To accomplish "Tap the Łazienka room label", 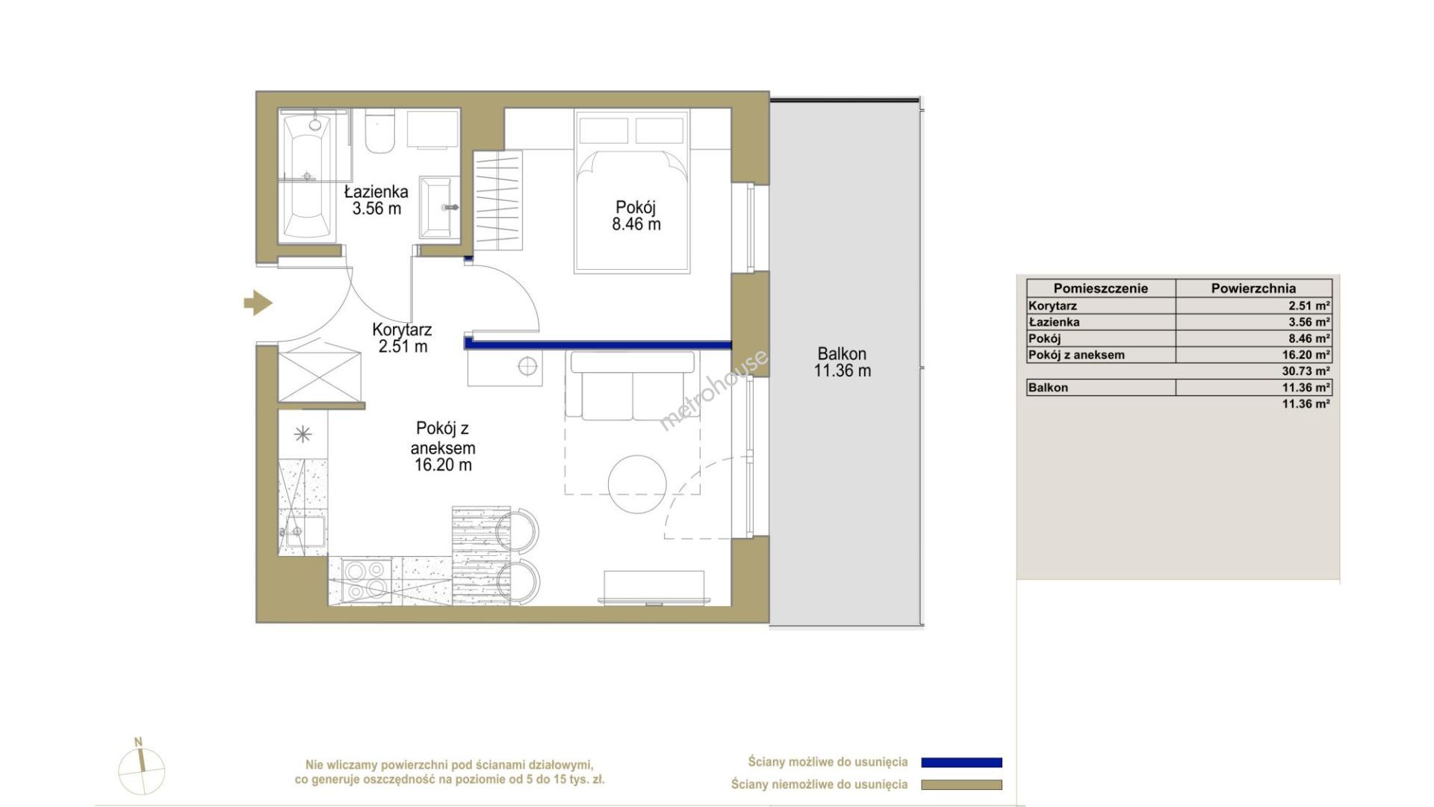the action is pos(376,200).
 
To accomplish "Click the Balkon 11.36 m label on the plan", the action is pos(842,362).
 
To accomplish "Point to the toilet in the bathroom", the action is pos(380,132).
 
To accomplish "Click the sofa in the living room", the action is pos(633,386).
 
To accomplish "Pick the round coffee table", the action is pos(637,483).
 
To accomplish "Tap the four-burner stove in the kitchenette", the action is pos(366,581).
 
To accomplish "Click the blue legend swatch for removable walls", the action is pos(962,763).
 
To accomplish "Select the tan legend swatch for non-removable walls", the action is pos(962,785).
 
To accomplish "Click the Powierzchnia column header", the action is pos(1253,288).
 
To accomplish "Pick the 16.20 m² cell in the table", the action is pos(1306,355).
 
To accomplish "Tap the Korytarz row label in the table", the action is pos(1052,306).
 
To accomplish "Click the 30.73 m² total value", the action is pos(1306,371).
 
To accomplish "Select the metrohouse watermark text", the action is pos(713,390).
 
